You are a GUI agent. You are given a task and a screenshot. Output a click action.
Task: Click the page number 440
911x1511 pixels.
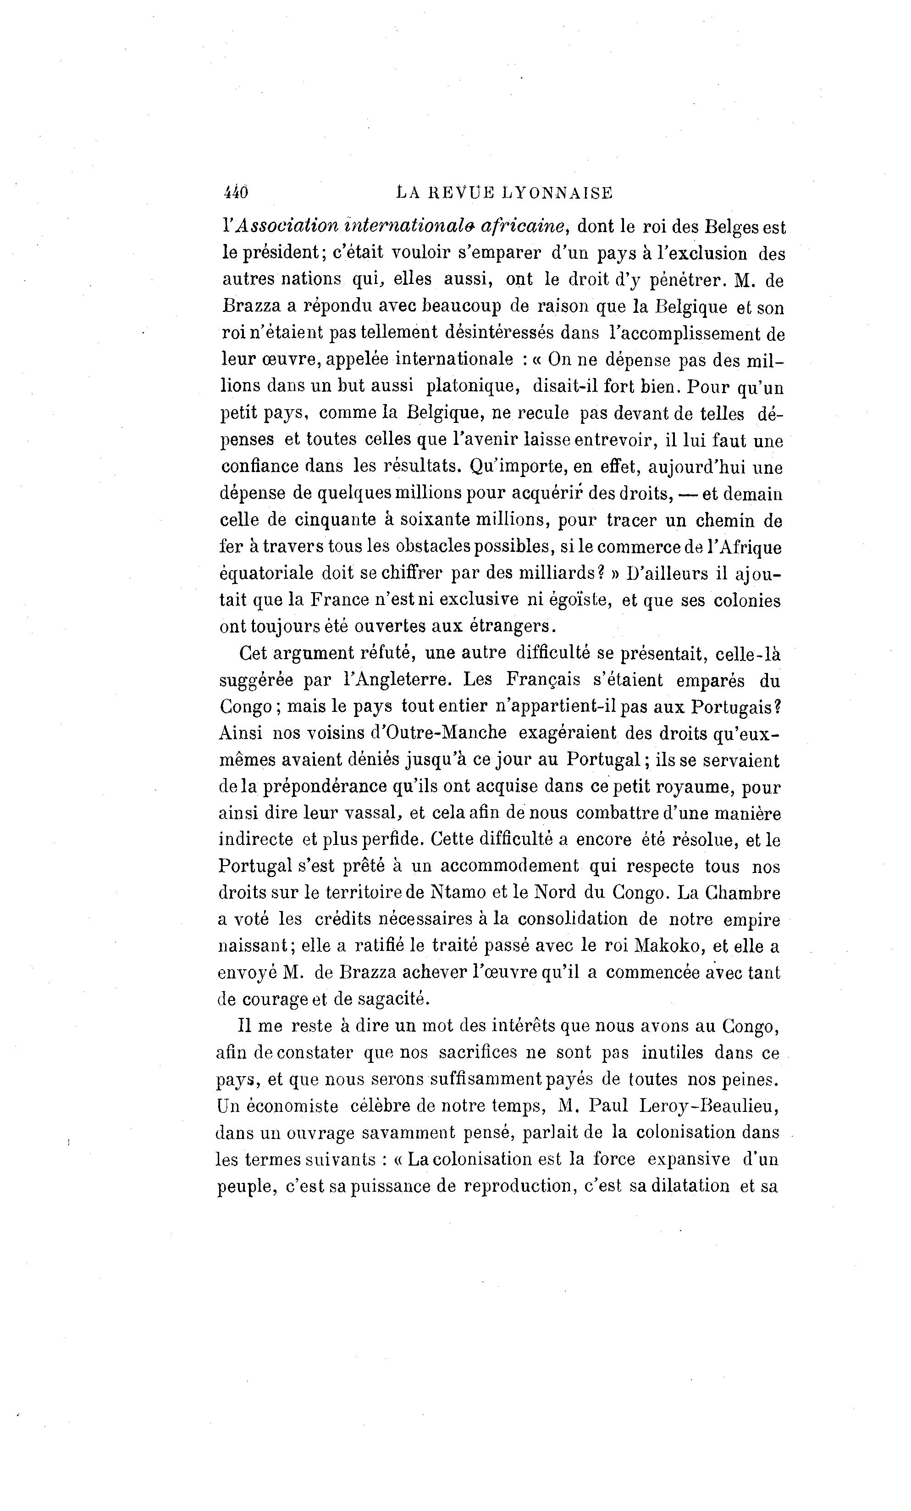tap(235, 193)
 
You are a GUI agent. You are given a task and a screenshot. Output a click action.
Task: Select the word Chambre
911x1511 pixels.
tap(744, 893)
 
